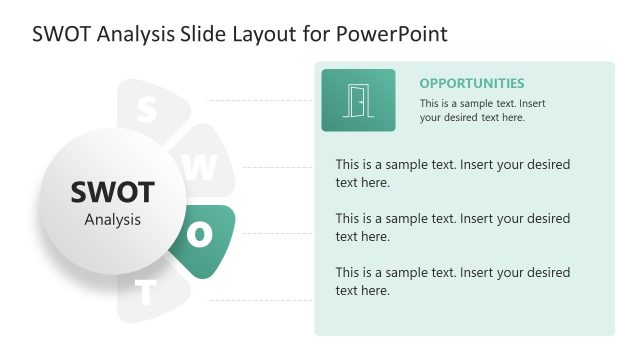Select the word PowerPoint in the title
click(x=392, y=33)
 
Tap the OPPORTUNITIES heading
click(x=471, y=83)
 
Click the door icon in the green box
click(x=357, y=100)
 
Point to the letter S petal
click(x=147, y=109)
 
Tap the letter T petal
click(x=147, y=293)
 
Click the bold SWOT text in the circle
click(x=112, y=192)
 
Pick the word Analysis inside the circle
click(x=112, y=219)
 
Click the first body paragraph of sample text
click(x=452, y=173)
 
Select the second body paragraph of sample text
click(x=452, y=227)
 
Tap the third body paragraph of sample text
click(x=452, y=281)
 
